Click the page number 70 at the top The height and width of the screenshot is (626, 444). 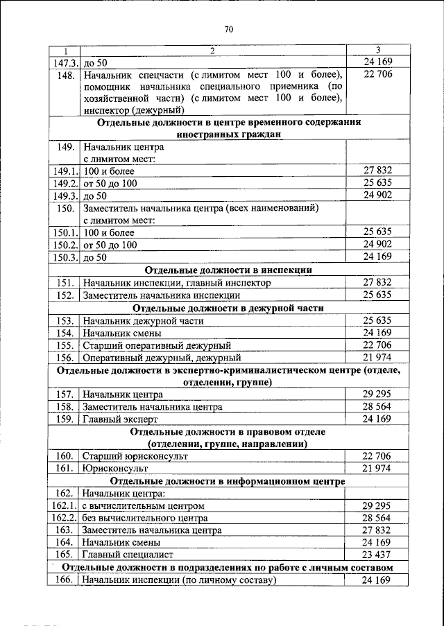click(x=230, y=29)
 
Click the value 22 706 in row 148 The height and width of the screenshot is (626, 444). click(x=377, y=74)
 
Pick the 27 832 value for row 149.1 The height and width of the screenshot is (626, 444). click(x=377, y=170)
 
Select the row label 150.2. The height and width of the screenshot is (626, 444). click(x=65, y=245)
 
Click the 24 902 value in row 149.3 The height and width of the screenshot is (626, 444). click(x=377, y=195)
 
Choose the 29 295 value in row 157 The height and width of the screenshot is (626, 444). click(x=377, y=394)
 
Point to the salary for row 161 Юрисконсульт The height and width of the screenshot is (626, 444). click(x=377, y=469)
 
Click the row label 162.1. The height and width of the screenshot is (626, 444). click(x=65, y=506)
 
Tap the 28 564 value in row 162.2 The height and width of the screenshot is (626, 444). click(x=377, y=519)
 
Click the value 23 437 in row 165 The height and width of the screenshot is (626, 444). click(x=377, y=555)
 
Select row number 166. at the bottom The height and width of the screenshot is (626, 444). click(x=65, y=580)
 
